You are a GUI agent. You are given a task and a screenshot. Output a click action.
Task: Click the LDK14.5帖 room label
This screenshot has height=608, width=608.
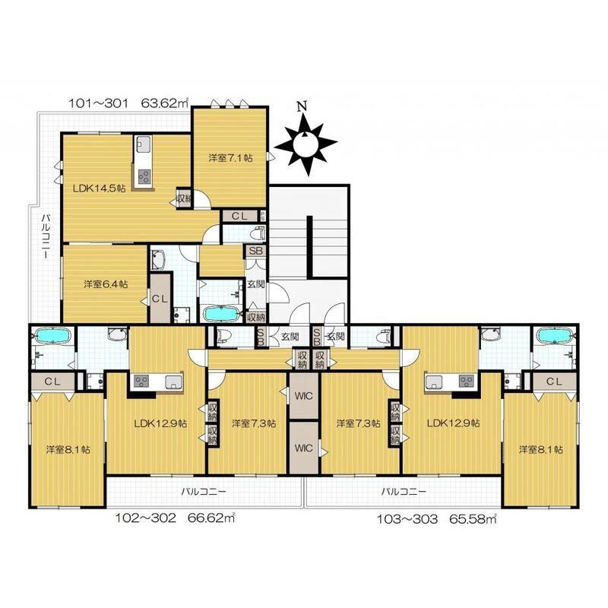click(x=100, y=188)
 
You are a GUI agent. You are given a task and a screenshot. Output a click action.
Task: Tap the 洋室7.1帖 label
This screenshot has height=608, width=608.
click(x=231, y=158)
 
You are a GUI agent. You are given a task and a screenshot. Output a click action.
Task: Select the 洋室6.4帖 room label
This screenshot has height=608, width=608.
click(x=106, y=283)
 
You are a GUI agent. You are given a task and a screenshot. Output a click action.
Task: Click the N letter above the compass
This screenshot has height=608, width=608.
click(x=302, y=106)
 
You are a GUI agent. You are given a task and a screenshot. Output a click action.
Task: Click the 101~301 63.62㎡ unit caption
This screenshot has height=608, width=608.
click(x=128, y=103)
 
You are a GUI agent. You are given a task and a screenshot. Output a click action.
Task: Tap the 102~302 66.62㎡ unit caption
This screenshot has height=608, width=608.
click(x=176, y=518)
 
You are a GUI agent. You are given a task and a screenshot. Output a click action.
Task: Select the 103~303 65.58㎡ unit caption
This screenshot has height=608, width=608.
click(x=437, y=519)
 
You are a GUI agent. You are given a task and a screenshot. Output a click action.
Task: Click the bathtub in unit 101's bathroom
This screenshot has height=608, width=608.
click(x=220, y=313)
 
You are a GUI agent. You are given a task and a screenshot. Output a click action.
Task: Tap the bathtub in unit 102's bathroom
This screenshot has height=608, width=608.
click(x=52, y=336)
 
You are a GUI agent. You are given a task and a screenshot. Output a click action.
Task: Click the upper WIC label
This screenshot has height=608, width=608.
click(x=303, y=396)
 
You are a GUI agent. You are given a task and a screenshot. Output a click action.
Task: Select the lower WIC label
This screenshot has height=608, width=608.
click(x=303, y=448)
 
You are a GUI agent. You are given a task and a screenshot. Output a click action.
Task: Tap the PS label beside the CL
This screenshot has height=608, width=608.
click(x=263, y=216)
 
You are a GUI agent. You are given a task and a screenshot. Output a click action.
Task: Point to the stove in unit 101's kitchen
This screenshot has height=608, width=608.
click(x=144, y=177)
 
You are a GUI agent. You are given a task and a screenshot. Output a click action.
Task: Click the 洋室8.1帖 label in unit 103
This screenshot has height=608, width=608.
click(x=541, y=449)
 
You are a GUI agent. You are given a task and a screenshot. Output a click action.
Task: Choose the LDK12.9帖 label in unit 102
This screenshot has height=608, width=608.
click(x=160, y=423)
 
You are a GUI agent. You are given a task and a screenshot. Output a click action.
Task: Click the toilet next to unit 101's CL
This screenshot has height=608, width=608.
click(x=258, y=234)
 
